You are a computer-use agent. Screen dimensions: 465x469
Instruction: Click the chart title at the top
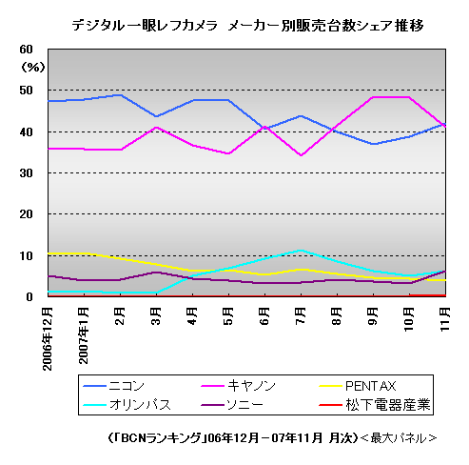tap(247, 26)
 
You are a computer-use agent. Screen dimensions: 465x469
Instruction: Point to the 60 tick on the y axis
tap(27, 50)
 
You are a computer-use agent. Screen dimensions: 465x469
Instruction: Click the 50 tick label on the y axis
tap(27, 91)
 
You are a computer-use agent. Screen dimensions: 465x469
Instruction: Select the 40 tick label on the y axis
tap(27, 131)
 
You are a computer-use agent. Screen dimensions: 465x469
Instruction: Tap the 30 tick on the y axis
tap(27, 173)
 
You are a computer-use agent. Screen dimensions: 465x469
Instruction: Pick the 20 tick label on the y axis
tap(27, 214)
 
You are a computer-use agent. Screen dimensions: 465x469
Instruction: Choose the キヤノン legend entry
tap(252, 386)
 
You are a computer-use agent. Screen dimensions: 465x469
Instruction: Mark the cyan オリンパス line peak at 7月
tap(301, 251)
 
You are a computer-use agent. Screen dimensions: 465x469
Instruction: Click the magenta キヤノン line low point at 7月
tap(301, 155)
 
